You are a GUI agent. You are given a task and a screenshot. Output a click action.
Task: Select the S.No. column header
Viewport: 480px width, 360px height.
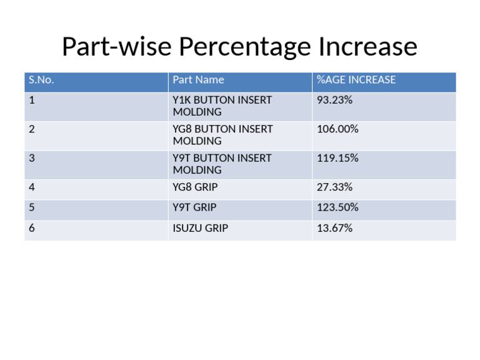(41, 80)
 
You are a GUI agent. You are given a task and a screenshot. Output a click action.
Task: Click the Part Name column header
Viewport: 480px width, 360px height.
(198, 80)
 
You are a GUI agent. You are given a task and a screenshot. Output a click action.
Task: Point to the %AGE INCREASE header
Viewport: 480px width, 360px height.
(356, 80)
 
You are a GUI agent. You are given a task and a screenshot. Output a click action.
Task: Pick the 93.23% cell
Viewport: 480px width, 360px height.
(334, 100)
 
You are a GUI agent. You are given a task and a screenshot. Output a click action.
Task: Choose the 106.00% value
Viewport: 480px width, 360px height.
(337, 129)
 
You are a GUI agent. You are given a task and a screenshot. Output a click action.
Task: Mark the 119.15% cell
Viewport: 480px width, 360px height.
(337, 158)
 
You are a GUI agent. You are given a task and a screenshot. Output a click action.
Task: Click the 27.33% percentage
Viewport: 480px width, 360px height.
(334, 187)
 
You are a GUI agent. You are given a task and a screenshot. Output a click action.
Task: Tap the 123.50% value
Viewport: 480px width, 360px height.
(337, 207)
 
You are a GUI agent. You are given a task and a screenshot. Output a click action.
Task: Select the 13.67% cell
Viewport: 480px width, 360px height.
(334, 228)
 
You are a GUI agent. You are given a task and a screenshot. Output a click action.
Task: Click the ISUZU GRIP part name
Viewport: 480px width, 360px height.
(200, 228)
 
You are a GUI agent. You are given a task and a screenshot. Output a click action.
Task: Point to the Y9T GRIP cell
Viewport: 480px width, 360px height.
(195, 207)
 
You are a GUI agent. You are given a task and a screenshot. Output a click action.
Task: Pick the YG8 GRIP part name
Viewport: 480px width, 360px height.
(195, 187)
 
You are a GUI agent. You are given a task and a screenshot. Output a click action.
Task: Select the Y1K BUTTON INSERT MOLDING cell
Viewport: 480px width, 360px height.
(222, 106)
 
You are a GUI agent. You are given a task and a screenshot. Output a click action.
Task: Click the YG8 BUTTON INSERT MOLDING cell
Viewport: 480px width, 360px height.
(222, 135)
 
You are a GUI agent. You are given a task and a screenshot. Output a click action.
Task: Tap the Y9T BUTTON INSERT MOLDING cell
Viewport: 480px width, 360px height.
(222, 164)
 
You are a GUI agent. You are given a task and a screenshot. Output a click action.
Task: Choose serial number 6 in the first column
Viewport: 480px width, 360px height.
(32, 228)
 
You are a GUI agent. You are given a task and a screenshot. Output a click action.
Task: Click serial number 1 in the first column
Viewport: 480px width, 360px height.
(32, 100)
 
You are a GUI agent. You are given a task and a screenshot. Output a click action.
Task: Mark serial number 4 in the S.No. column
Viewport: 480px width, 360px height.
(32, 187)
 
